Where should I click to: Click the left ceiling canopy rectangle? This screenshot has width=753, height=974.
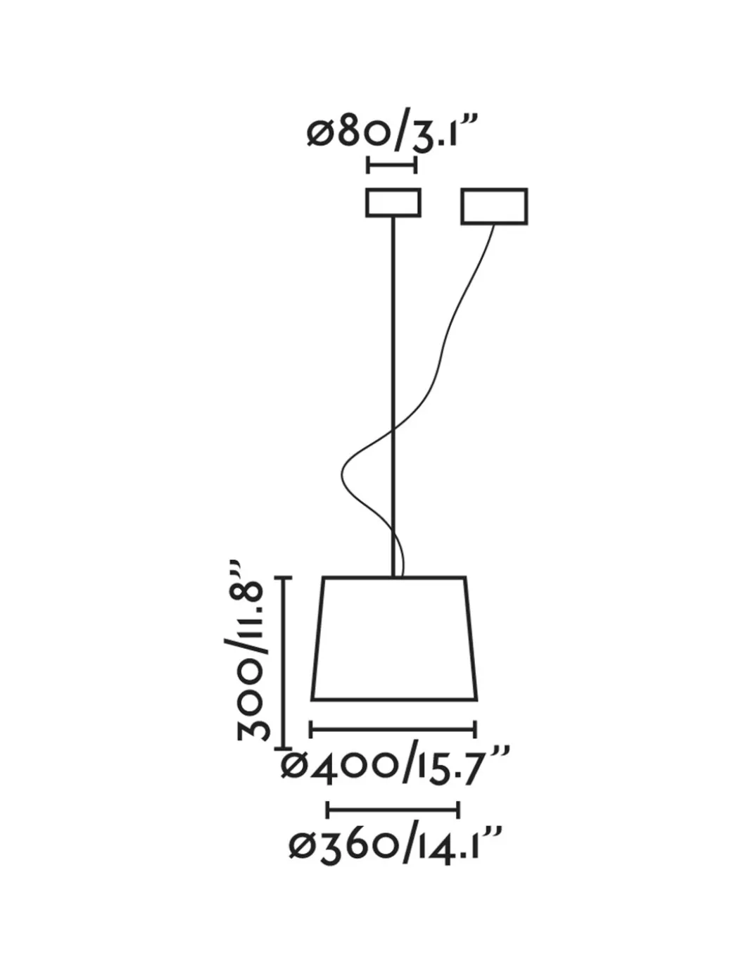coord(393,203)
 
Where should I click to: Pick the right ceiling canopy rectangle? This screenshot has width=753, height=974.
coord(495,206)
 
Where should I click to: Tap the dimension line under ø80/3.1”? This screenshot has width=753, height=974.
coord(392,165)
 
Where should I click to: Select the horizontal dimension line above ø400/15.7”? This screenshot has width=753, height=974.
coord(393,729)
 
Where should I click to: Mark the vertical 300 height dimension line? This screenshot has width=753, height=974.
coord(284,664)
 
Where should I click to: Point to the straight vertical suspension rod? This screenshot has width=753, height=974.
coord(393,397)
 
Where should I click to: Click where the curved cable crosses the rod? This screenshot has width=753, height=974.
coord(393,431)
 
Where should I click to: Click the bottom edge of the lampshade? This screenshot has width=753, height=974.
coord(394,699)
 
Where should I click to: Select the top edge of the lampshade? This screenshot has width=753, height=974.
coord(394,577)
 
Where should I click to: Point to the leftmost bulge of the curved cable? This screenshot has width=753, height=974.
coord(342,474)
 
